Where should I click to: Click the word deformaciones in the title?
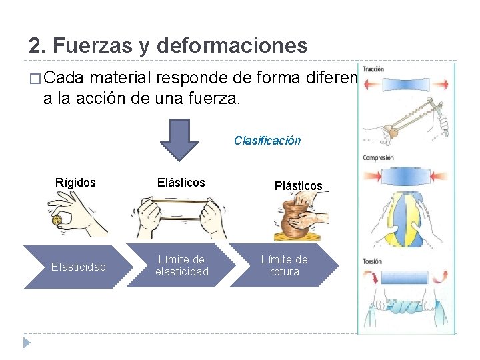pos(232,46)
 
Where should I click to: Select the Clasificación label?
pos(267,141)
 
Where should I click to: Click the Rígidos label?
pos(75,182)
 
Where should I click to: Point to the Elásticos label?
pos(181,182)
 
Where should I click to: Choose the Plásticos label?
pos(298,186)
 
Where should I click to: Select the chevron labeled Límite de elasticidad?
pos(181,266)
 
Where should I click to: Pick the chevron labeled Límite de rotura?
pos(285,265)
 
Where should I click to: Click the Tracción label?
pos(373,69)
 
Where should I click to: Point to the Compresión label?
pos(377,158)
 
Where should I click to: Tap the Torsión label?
pos(373,261)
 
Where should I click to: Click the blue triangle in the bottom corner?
pos(27,343)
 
